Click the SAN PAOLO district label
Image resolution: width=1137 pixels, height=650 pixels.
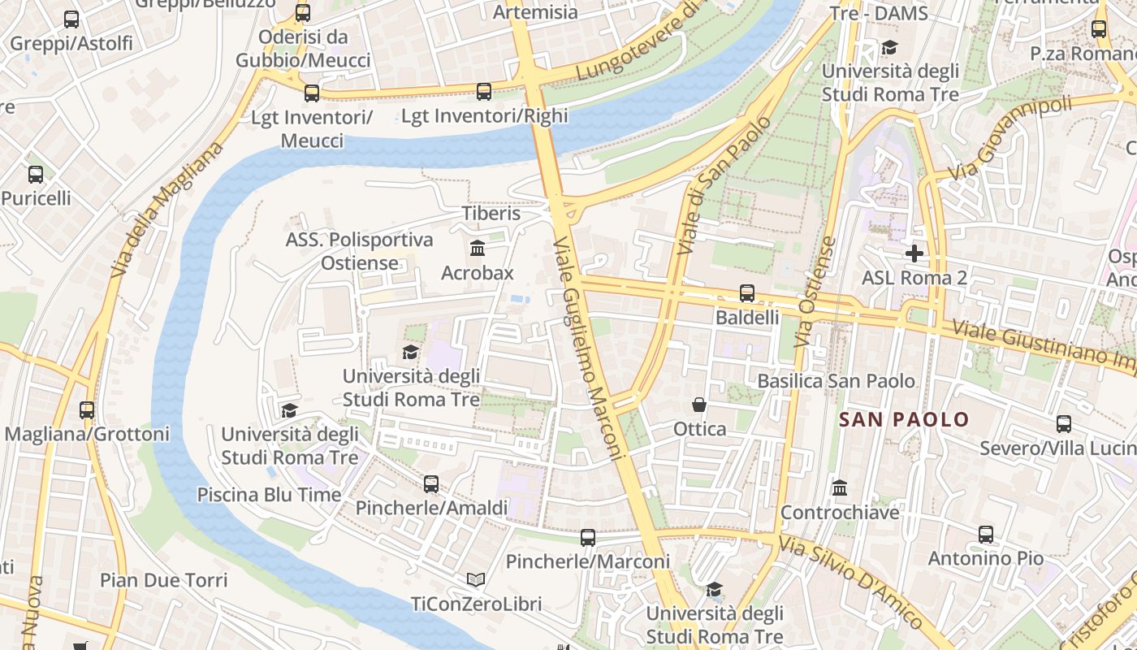click(x=904, y=419)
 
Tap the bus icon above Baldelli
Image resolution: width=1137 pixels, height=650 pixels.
click(x=746, y=293)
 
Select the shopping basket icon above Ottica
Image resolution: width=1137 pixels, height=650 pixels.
click(x=698, y=405)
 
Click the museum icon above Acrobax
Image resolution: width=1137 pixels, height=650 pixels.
click(x=478, y=248)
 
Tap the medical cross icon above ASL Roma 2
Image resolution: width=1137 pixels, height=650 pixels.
click(x=914, y=253)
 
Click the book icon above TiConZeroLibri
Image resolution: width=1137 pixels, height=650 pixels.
click(x=476, y=580)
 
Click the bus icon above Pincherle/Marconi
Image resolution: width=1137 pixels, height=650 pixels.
click(x=587, y=538)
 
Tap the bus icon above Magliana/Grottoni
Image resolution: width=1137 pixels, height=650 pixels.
click(x=87, y=410)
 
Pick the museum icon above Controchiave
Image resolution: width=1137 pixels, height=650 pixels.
click(x=840, y=488)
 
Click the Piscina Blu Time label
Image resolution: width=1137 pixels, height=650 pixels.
click(x=269, y=494)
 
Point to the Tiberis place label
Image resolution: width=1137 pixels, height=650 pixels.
click(x=491, y=213)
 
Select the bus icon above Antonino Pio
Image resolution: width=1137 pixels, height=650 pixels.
click(x=986, y=535)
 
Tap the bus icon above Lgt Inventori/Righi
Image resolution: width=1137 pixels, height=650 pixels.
click(x=484, y=92)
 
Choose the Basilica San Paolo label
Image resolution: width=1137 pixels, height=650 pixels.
click(x=836, y=381)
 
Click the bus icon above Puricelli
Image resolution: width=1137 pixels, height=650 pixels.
click(x=36, y=175)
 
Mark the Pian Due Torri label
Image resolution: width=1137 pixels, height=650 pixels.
click(x=163, y=580)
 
